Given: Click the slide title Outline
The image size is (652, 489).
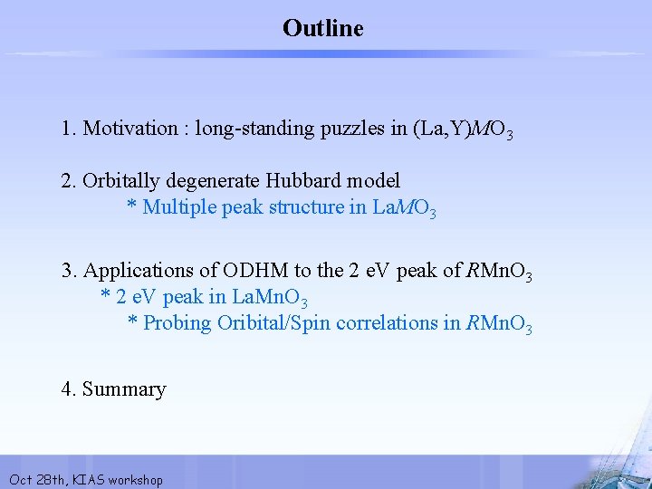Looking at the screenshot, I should point(323,29).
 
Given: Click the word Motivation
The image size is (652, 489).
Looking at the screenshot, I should point(129,129).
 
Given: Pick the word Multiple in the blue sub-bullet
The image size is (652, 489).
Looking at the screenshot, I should point(177,207).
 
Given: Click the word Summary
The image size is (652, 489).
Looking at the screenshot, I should point(124,390).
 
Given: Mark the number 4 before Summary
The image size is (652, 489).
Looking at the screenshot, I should point(67,390).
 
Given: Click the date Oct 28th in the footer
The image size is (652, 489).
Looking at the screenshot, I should point(34,480).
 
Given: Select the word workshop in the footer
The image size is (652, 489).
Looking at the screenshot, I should point(135,480).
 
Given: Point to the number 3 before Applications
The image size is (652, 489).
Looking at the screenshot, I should point(67,271).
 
